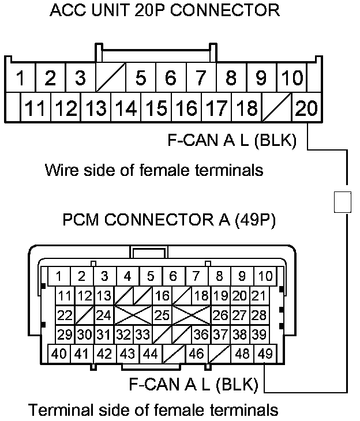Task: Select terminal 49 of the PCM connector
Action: point(265,354)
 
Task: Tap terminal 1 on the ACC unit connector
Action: point(20,77)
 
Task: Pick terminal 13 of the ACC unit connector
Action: point(96,107)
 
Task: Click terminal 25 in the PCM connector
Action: point(163,315)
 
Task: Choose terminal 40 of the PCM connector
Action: point(59,354)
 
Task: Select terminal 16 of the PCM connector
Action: point(163,296)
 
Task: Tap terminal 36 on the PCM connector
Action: point(201,334)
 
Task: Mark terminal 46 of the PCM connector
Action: point(196,354)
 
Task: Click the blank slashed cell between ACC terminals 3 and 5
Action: point(110,77)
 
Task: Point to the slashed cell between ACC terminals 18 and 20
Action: point(276,107)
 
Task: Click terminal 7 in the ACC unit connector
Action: point(200,77)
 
